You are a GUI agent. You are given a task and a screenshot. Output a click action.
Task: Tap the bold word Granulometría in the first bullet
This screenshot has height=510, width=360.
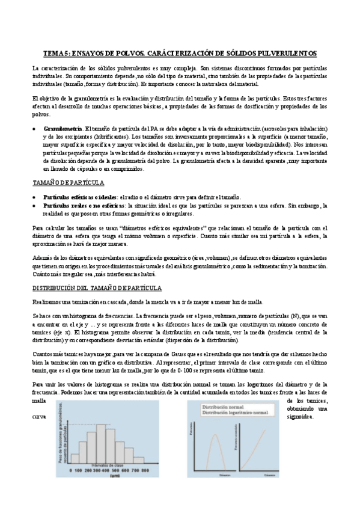[x=63, y=129]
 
